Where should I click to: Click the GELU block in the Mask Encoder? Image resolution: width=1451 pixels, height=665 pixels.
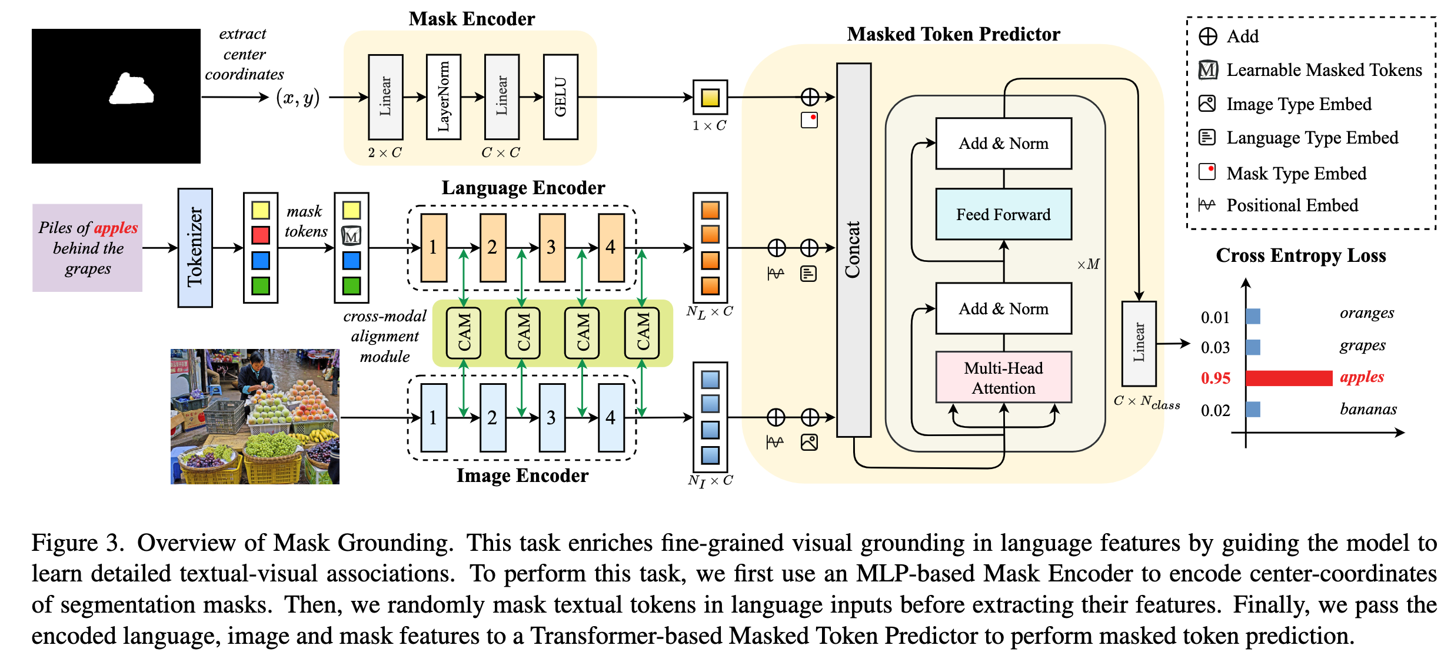pos(560,97)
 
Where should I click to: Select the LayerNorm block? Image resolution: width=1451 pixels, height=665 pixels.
pos(443,97)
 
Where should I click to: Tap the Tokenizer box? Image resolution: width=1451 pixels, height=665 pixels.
pos(195,248)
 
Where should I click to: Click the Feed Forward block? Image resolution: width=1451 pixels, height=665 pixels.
pos(1003,214)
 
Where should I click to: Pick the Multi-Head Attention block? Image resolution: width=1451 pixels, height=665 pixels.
pos(1003,378)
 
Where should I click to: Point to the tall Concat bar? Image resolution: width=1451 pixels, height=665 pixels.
pos(853,250)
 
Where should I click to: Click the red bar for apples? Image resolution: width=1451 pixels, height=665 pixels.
pos(1289,378)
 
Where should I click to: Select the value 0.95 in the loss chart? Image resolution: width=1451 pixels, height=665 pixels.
pos(1215,378)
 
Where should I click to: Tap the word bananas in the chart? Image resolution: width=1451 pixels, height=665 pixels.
pos(1368,409)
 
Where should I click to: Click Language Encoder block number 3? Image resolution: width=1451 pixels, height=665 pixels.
pos(551,248)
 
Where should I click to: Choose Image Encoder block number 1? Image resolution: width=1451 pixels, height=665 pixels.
pos(434,418)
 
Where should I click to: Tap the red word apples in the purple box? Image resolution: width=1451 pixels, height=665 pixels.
pos(116,228)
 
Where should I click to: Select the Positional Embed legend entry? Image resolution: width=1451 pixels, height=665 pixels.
pos(1292,205)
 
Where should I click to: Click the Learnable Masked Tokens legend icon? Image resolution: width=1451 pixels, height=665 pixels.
pos(1207,70)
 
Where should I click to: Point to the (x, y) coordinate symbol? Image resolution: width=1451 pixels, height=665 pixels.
pos(298,98)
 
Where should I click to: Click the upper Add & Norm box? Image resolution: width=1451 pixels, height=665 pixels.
pos(1003,144)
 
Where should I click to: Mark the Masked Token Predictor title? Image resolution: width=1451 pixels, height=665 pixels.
pos(953,34)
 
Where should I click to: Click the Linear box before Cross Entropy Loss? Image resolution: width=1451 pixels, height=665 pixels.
pos(1139,343)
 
